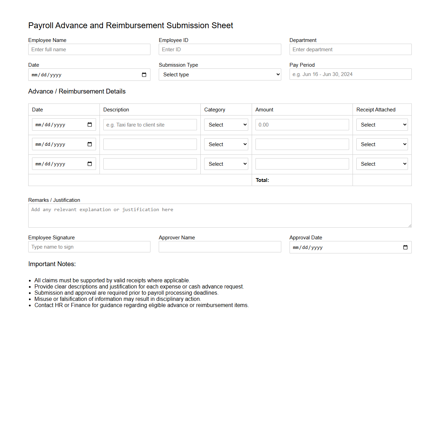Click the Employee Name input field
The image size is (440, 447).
89,50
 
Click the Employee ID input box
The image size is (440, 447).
220,50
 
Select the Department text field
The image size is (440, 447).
350,50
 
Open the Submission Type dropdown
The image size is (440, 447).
220,75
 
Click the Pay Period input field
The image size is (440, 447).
350,74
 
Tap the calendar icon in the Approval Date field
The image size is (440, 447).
405,248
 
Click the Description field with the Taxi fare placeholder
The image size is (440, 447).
150,125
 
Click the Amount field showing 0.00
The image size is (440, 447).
302,125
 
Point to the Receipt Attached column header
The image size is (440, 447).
376,110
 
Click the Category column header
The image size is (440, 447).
214,110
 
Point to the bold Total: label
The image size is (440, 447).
262,180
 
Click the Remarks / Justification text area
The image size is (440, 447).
220,216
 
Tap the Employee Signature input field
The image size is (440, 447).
89,247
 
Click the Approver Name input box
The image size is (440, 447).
220,247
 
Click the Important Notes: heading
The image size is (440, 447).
52,264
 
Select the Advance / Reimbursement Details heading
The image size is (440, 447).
77,91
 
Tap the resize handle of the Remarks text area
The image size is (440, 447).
410,226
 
